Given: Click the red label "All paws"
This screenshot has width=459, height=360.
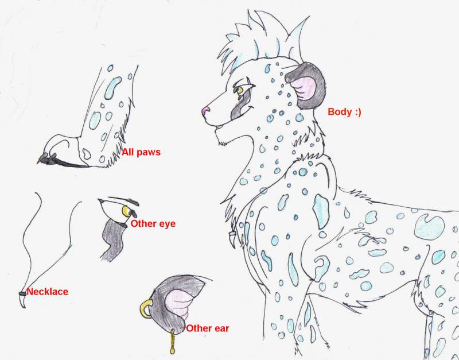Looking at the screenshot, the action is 141,152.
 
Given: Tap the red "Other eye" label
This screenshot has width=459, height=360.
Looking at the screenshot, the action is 153,223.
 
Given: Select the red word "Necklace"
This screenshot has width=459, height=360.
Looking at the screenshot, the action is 48,292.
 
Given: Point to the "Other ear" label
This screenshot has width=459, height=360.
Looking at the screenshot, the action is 208,328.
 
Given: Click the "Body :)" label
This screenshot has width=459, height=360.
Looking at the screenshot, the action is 345,111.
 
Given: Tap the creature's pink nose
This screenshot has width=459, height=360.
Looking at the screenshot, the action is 205,111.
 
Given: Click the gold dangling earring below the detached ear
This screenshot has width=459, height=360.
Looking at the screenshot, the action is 173,341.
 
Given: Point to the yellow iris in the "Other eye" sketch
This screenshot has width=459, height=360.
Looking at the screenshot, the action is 126,211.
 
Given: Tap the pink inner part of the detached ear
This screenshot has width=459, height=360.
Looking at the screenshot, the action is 177,302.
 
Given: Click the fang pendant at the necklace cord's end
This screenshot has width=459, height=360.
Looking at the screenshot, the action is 23,300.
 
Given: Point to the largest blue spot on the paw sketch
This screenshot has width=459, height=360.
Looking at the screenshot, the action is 112,87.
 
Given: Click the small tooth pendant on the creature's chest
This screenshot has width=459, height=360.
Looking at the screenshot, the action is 234,239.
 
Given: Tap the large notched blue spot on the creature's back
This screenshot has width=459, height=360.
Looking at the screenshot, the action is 429,227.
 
